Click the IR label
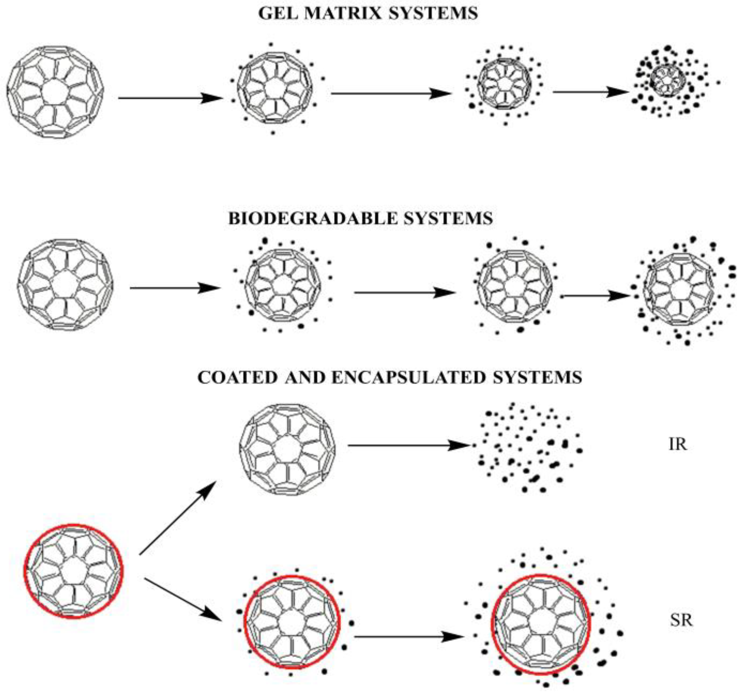click(x=678, y=444)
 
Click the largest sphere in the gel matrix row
click(x=55, y=92)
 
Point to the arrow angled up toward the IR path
click(x=178, y=518)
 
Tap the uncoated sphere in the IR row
click(x=287, y=450)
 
